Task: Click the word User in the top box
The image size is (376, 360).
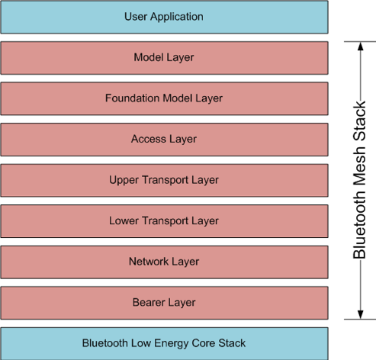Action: click(136, 17)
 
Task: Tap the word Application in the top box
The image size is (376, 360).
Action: click(177, 18)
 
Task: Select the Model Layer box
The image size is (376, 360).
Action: click(164, 58)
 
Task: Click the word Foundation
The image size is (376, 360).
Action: click(132, 98)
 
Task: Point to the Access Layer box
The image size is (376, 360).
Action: click(164, 140)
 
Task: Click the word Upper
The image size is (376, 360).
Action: click(124, 180)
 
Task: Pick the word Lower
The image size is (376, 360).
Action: click(124, 220)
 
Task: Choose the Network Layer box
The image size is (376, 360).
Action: click(164, 262)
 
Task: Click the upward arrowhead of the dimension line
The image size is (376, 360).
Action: click(360, 47)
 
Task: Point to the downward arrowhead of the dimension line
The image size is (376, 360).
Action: click(360, 314)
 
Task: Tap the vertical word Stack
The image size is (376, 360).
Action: click(359, 121)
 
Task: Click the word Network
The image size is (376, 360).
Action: click(149, 262)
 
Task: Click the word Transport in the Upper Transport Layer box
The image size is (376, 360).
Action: click(165, 180)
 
